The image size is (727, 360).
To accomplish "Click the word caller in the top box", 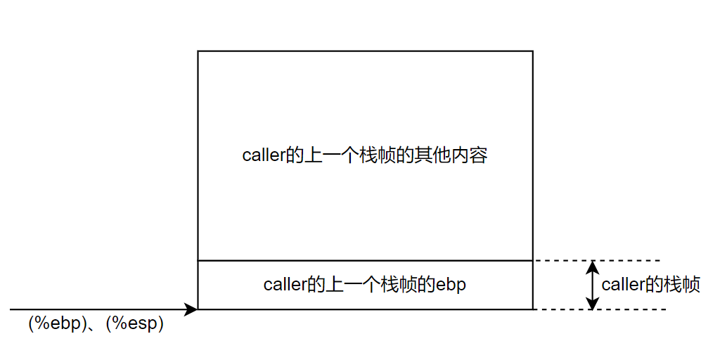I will click(x=262, y=155).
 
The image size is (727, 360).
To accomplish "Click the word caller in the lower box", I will click(x=283, y=285).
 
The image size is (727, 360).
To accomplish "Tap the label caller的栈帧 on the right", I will click(x=650, y=285).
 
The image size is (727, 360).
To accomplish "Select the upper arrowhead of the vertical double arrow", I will click(x=593, y=266).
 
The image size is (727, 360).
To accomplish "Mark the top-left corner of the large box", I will click(x=198, y=51).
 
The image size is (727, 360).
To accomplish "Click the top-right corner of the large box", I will click(x=532, y=51).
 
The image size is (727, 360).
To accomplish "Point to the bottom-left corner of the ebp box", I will click(x=198, y=309).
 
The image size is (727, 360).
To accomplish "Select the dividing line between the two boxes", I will click(x=365, y=261).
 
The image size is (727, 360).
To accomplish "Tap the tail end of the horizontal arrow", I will click(x=11, y=309).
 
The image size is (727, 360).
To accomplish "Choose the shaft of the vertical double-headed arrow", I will click(x=593, y=285).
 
